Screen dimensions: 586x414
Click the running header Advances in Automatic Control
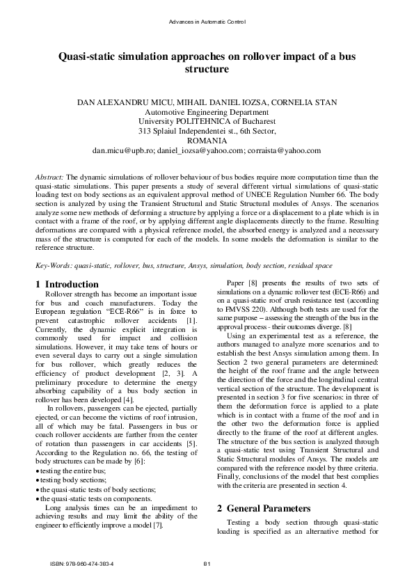[x=207, y=23]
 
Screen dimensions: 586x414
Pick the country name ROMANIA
[x=207, y=141]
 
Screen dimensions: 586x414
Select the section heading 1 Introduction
[x=67, y=285]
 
